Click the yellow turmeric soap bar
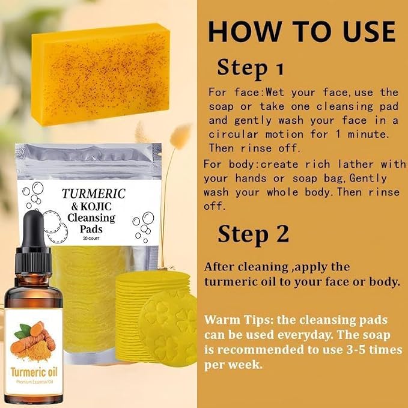[x=101, y=74]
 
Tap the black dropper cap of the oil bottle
[x=33, y=243]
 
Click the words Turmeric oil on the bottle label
[x=34, y=372]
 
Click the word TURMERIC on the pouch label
[x=94, y=193]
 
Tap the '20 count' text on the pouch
[x=91, y=239]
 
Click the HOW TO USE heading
[x=302, y=31]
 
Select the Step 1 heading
[x=251, y=68]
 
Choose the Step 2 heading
[x=253, y=234]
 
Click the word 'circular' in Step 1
[x=233, y=135]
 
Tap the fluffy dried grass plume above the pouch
[x=180, y=135]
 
